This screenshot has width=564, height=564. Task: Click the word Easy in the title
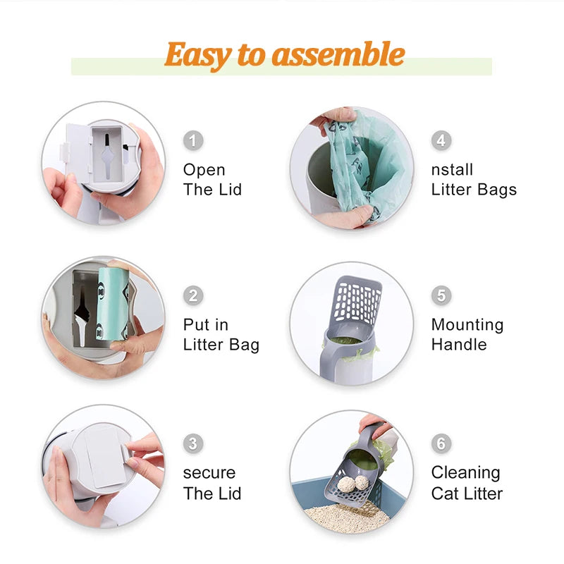click(196, 54)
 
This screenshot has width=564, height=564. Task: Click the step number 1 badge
click(193, 140)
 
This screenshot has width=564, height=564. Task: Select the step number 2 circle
click(193, 295)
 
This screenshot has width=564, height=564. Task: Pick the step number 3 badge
click(193, 443)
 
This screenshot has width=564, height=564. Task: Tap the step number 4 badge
click(441, 140)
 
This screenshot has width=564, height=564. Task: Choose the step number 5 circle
click(441, 295)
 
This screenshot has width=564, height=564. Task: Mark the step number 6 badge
click(441, 443)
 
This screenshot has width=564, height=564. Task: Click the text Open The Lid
click(212, 180)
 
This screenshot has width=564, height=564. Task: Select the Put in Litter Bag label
click(221, 335)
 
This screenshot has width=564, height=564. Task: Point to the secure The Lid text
click(211, 483)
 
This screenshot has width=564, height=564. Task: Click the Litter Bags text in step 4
click(474, 190)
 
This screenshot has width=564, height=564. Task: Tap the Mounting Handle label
click(467, 335)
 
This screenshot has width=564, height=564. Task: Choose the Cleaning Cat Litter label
click(467, 483)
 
